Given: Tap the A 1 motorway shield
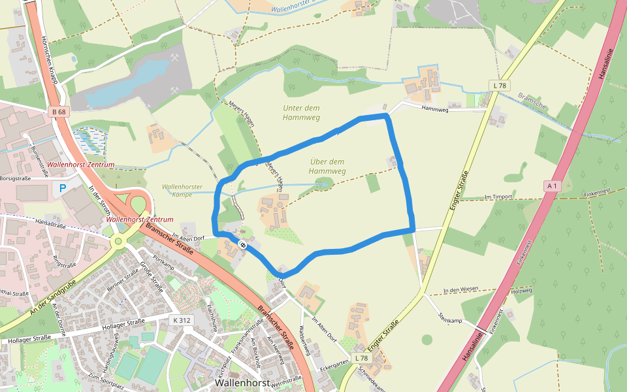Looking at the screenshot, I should tap(552, 186).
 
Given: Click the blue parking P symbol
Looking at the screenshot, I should tap(63, 188).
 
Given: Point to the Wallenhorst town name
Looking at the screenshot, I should tap(242, 382).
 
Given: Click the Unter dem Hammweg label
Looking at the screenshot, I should tap(301, 112).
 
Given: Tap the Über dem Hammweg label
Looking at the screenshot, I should tap(327, 166).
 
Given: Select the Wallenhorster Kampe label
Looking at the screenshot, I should tap(182, 190).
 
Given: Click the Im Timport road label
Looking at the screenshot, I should tap(499, 196).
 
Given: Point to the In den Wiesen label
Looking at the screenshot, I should tap(460, 289).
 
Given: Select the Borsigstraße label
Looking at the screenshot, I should tap(16, 178).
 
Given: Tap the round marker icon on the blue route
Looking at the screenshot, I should tap(242, 244).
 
